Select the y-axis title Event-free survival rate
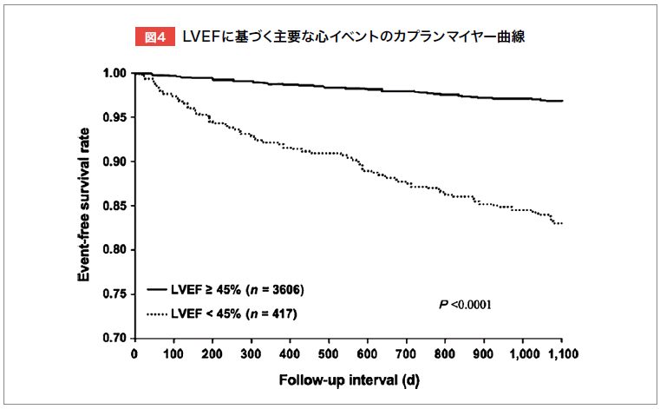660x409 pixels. point(85,205)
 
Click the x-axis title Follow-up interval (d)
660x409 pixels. point(348,381)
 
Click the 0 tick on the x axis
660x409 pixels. point(134,354)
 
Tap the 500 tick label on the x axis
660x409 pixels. point(328,354)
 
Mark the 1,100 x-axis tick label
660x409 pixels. point(561,354)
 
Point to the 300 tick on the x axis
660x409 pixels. point(251,354)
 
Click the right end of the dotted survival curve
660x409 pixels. point(562,223)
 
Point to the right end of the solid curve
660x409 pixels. point(562,101)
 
